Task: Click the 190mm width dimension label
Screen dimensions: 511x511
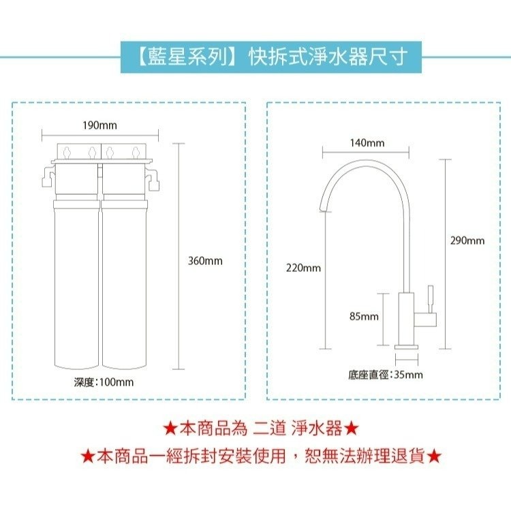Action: [99, 125]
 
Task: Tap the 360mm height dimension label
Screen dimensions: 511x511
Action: [204, 261]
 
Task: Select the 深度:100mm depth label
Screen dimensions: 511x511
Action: [104, 382]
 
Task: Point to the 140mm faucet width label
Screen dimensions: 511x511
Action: [367, 143]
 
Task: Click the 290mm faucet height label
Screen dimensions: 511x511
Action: [468, 241]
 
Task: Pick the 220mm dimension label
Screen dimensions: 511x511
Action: [305, 268]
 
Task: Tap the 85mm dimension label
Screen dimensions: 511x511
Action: [364, 317]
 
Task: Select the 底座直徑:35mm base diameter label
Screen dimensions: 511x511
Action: [386, 375]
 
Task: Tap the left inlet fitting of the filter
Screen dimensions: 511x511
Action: [45, 179]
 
